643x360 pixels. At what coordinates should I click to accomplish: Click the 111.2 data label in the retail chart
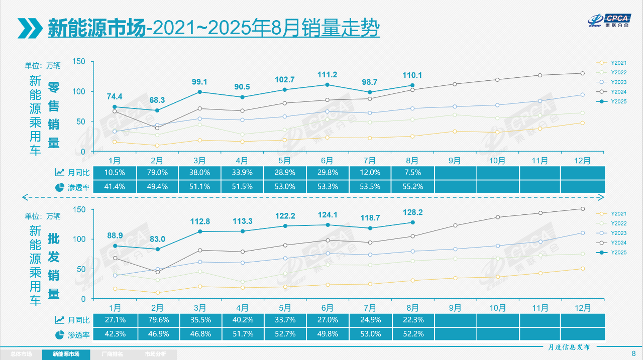327,75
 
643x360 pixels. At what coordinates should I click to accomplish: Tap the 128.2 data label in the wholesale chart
412,212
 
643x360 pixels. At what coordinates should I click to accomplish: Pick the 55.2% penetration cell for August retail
412,187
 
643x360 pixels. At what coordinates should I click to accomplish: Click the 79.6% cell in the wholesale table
157,320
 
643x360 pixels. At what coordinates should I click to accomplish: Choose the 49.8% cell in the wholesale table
327,334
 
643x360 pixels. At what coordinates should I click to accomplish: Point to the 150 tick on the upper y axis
79,62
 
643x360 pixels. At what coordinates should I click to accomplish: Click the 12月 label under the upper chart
583,161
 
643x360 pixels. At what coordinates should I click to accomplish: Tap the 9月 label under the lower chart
455,308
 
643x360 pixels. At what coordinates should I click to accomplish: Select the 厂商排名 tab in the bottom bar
110,354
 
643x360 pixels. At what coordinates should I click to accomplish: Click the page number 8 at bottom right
633,353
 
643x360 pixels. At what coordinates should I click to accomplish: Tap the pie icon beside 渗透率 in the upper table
59,187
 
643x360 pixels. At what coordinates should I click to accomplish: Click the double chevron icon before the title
29,28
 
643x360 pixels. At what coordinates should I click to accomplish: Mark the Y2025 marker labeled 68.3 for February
157,110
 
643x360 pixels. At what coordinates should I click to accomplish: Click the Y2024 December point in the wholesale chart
583,209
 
